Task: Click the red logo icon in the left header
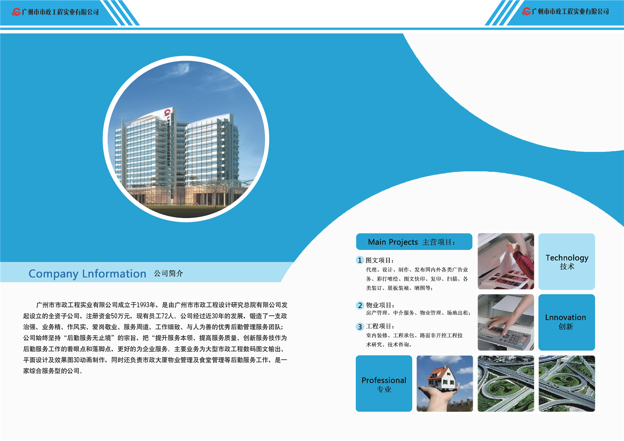pyautogui.click(x=16, y=12)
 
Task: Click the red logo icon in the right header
pyautogui.click(x=526, y=11)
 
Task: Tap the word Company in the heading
pyautogui.click(x=53, y=274)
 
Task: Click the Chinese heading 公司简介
pyautogui.click(x=168, y=274)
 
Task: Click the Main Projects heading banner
pyautogui.click(x=414, y=242)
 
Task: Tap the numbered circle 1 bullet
pyautogui.click(x=360, y=260)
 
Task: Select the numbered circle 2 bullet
pyautogui.click(x=360, y=305)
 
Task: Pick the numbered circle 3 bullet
pyautogui.click(x=360, y=327)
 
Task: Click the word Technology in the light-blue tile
pyautogui.click(x=567, y=258)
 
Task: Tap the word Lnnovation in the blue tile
pyautogui.click(x=565, y=318)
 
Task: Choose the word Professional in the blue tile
pyautogui.click(x=384, y=380)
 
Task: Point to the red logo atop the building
pyautogui.click(x=168, y=112)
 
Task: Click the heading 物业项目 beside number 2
pyautogui.click(x=380, y=305)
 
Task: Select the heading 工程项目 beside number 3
pyautogui.click(x=380, y=326)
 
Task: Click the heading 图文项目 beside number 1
pyautogui.click(x=380, y=260)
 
